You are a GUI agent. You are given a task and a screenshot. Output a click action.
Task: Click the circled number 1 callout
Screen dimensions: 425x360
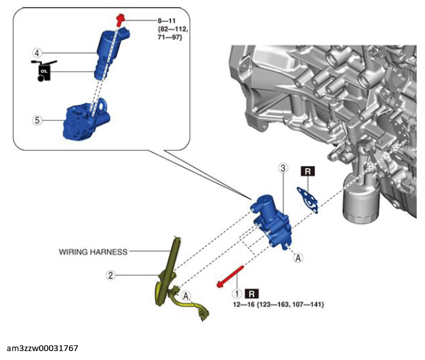point(237,294)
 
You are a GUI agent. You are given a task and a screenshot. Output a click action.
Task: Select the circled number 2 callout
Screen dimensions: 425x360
point(110,275)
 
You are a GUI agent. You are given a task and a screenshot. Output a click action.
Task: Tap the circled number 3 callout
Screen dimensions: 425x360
point(283,168)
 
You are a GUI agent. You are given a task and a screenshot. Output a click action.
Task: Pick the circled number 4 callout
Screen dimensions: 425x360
point(37,53)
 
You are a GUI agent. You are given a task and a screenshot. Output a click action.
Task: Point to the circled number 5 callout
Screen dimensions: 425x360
point(37,120)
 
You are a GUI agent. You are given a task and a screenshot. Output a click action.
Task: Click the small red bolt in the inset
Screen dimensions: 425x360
point(120,20)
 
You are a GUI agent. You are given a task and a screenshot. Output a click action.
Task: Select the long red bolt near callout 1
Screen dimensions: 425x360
point(230,276)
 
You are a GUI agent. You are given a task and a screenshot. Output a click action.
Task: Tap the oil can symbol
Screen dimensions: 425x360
point(43,71)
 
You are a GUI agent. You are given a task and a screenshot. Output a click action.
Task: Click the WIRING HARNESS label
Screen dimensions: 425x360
point(93,252)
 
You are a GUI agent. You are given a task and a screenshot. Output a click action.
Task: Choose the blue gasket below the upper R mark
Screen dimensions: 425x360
point(308,200)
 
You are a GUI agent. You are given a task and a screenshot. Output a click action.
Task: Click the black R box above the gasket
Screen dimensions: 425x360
point(308,171)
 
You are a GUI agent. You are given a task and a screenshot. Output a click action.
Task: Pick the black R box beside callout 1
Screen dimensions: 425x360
point(252,294)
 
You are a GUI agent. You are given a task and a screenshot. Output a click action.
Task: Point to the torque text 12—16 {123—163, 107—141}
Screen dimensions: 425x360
point(278,304)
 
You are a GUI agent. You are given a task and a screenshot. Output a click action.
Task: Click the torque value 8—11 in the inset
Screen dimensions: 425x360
point(167,21)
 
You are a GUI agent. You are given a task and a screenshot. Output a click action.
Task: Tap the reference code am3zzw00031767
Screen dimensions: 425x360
point(42,348)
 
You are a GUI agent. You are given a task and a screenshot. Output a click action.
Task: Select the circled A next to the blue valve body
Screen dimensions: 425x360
point(298,258)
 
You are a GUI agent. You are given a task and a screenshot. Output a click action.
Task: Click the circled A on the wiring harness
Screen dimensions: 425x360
point(186,296)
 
